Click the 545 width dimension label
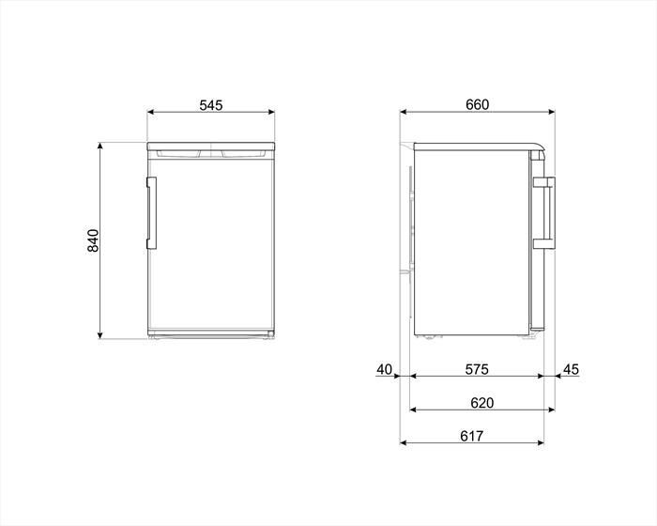[x=210, y=105]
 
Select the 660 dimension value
[x=477, y=104]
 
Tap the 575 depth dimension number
[x=476, y=369]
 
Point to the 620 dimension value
[x=482, y=403]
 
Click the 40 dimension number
[x=384, y=369]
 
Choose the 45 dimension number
[x=571, y=369]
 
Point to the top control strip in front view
[x=211, y=152]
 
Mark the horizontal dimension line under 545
[x=210, y=114]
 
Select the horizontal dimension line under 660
[x=477, y=113]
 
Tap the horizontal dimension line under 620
[x=482, y=410]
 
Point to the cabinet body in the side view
[x=469, y=244]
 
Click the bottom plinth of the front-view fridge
[x=211, y=333]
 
